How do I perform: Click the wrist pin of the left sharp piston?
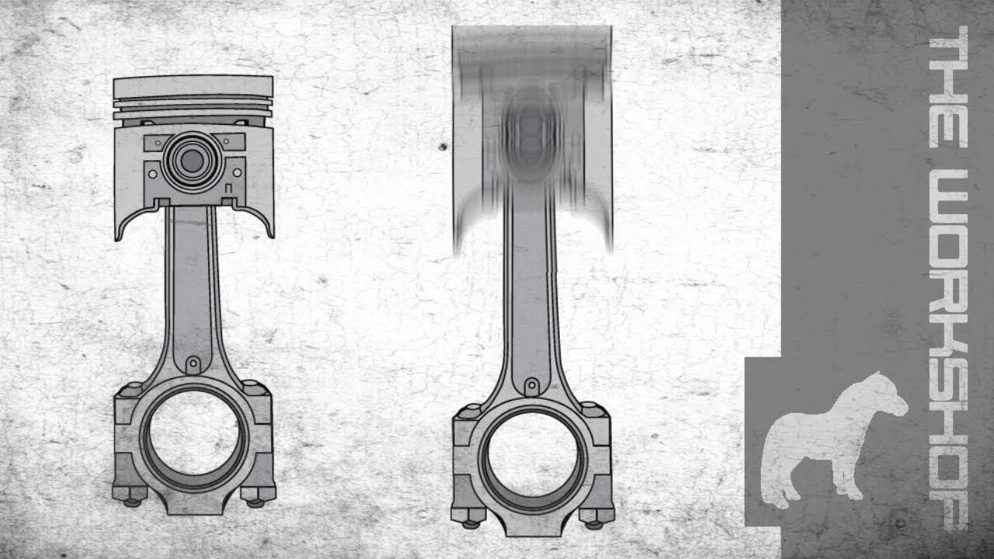192,161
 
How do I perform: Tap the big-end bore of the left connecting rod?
193,434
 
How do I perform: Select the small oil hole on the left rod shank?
193,363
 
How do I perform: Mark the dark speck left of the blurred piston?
442,146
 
